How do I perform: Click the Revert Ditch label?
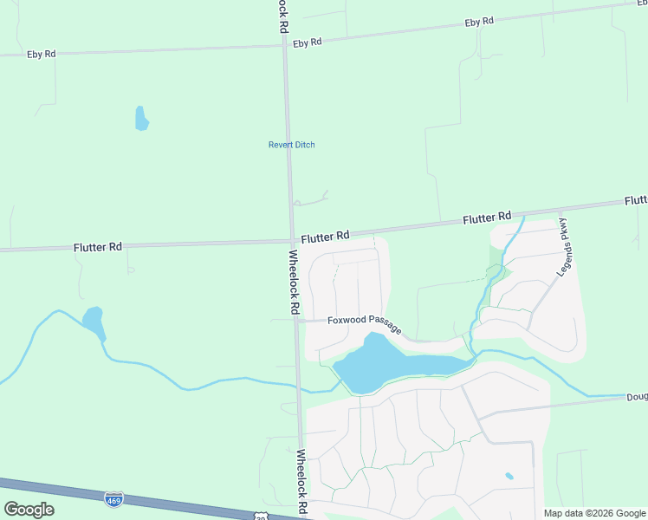[x=291, y=145]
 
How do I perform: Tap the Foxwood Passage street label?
[x=364, y=322]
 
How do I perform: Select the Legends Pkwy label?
[x=566, y=253]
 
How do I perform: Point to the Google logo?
[x=29, y=510]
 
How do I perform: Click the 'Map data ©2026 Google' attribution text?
[x=595, y=513]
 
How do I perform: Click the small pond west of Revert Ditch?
[x=141, y=119]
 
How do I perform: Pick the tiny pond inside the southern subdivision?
[x=509, y=476]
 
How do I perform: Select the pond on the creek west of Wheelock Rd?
[x=93, y=321]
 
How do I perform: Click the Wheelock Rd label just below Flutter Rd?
[x=295, y=282]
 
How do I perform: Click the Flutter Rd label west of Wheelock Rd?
[x=97, y=247]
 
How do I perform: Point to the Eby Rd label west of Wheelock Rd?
[x=41, y=54]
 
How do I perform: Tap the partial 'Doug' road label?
[x=637, y=397]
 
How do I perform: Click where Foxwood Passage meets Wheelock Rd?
[x=295, y=320]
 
